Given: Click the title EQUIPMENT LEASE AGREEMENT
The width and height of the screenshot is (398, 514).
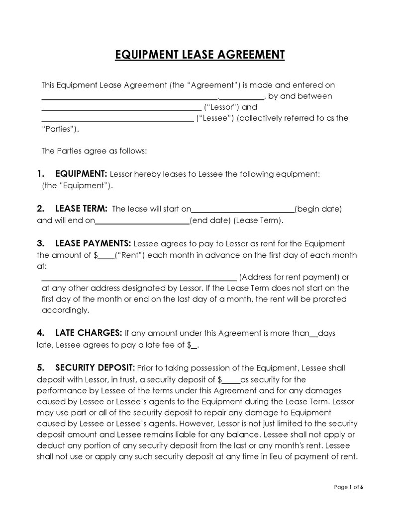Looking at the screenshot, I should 199,54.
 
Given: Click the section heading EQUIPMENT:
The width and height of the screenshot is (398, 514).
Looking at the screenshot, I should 81,174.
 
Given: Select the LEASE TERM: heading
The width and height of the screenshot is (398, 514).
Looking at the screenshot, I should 82,209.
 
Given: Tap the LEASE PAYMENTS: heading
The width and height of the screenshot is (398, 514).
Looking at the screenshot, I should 93,244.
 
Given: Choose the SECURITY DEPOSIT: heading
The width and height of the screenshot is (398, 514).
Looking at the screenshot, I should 95,368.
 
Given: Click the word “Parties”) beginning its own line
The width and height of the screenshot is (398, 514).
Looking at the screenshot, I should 60,129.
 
